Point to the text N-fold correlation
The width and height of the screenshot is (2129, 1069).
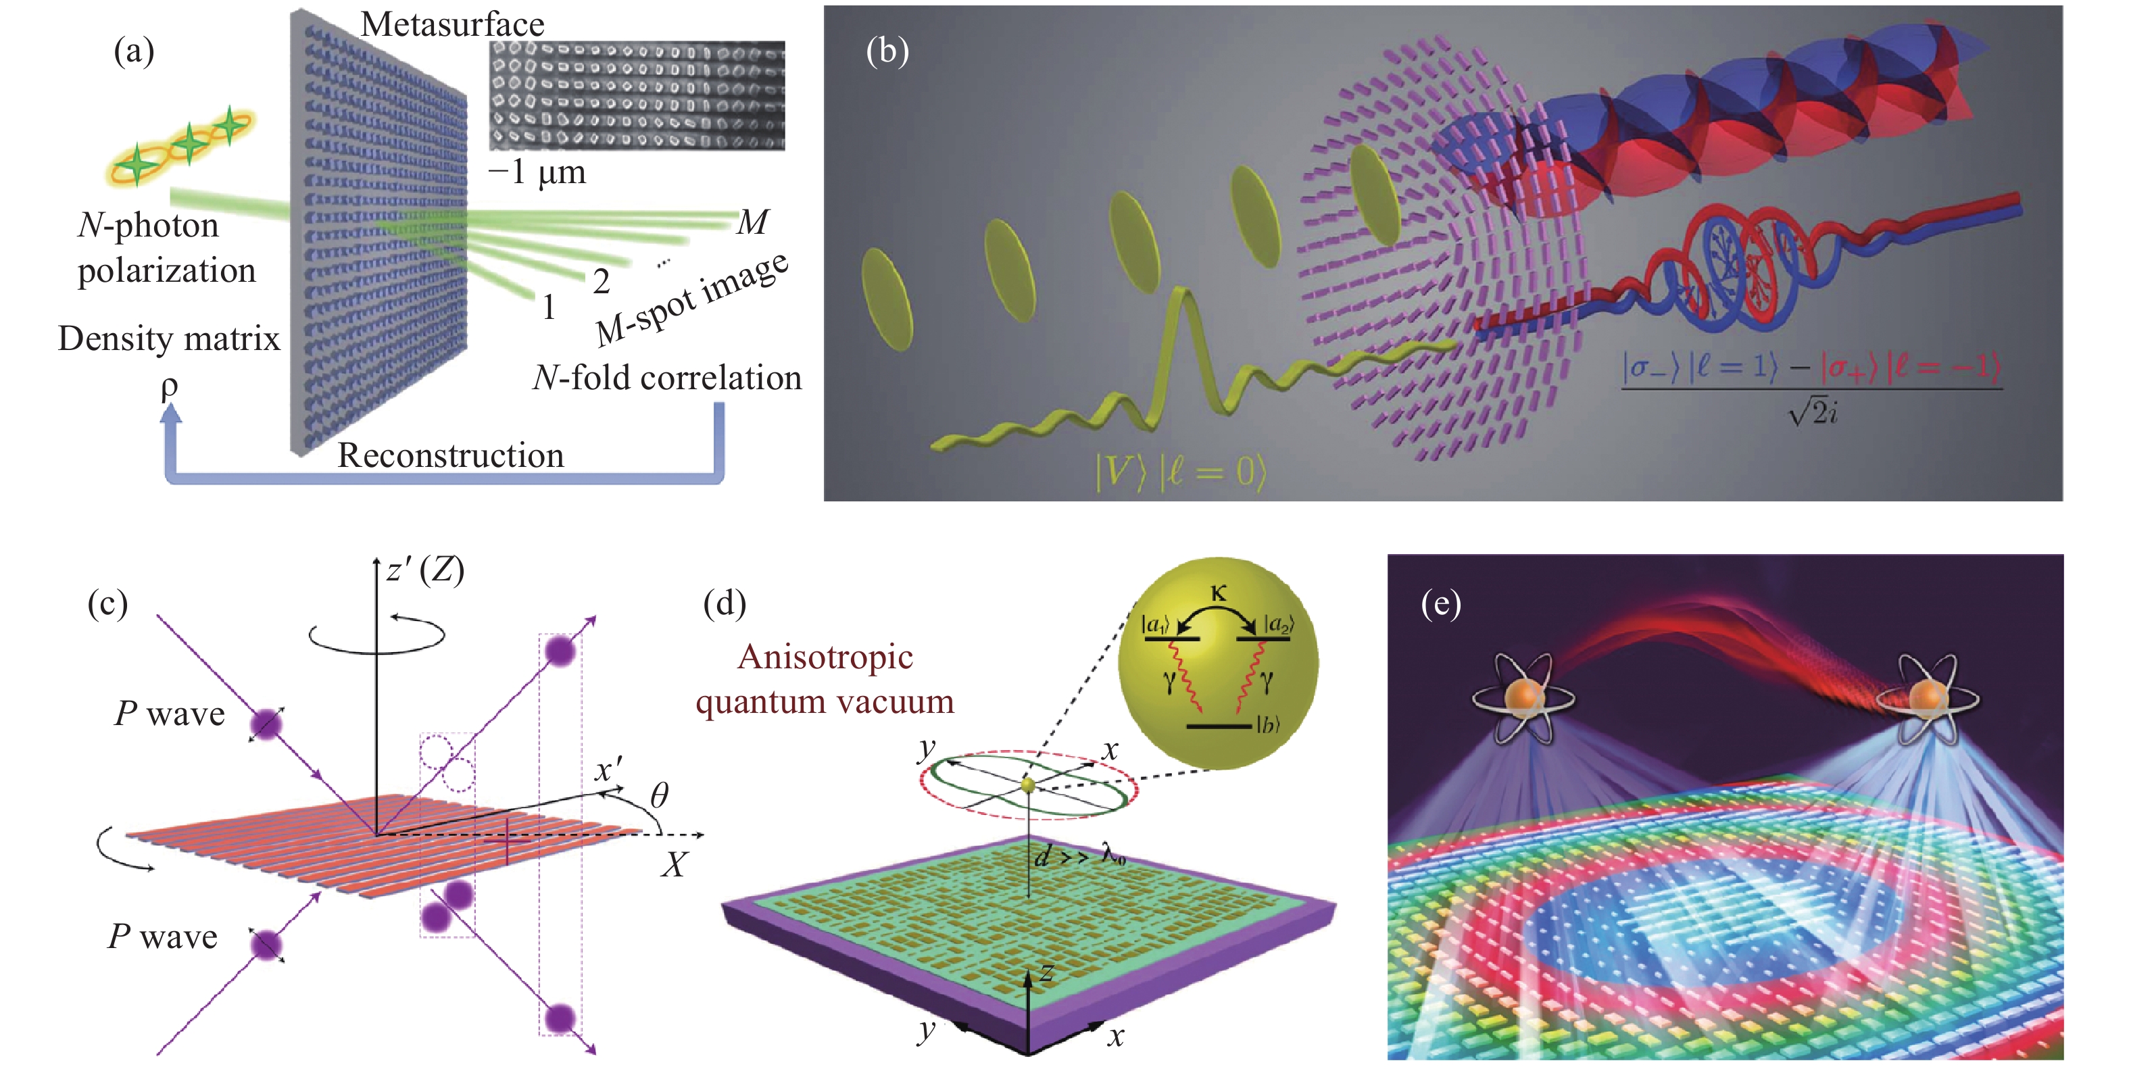[x=666, y=378]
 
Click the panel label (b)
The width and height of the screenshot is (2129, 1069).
[x=887, y=51]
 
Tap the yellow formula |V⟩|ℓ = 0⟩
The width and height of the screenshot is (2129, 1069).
[x=1179, y=472]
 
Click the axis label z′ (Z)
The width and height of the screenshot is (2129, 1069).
[x=425, y=570]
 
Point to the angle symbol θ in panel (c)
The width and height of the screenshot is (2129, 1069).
[x=659, y=795]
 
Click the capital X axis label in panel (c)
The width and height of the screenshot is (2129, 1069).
[x=675, y=864]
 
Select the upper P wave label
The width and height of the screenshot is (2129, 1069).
[x=170, y=713]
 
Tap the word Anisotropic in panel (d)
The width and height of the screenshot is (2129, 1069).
[x=825, y=657]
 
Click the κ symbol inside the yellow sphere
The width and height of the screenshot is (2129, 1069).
[x=1217, y=593]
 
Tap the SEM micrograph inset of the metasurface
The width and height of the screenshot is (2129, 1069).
[x=637, y=95]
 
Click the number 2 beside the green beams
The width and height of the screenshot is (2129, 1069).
[x=601, y=282]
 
